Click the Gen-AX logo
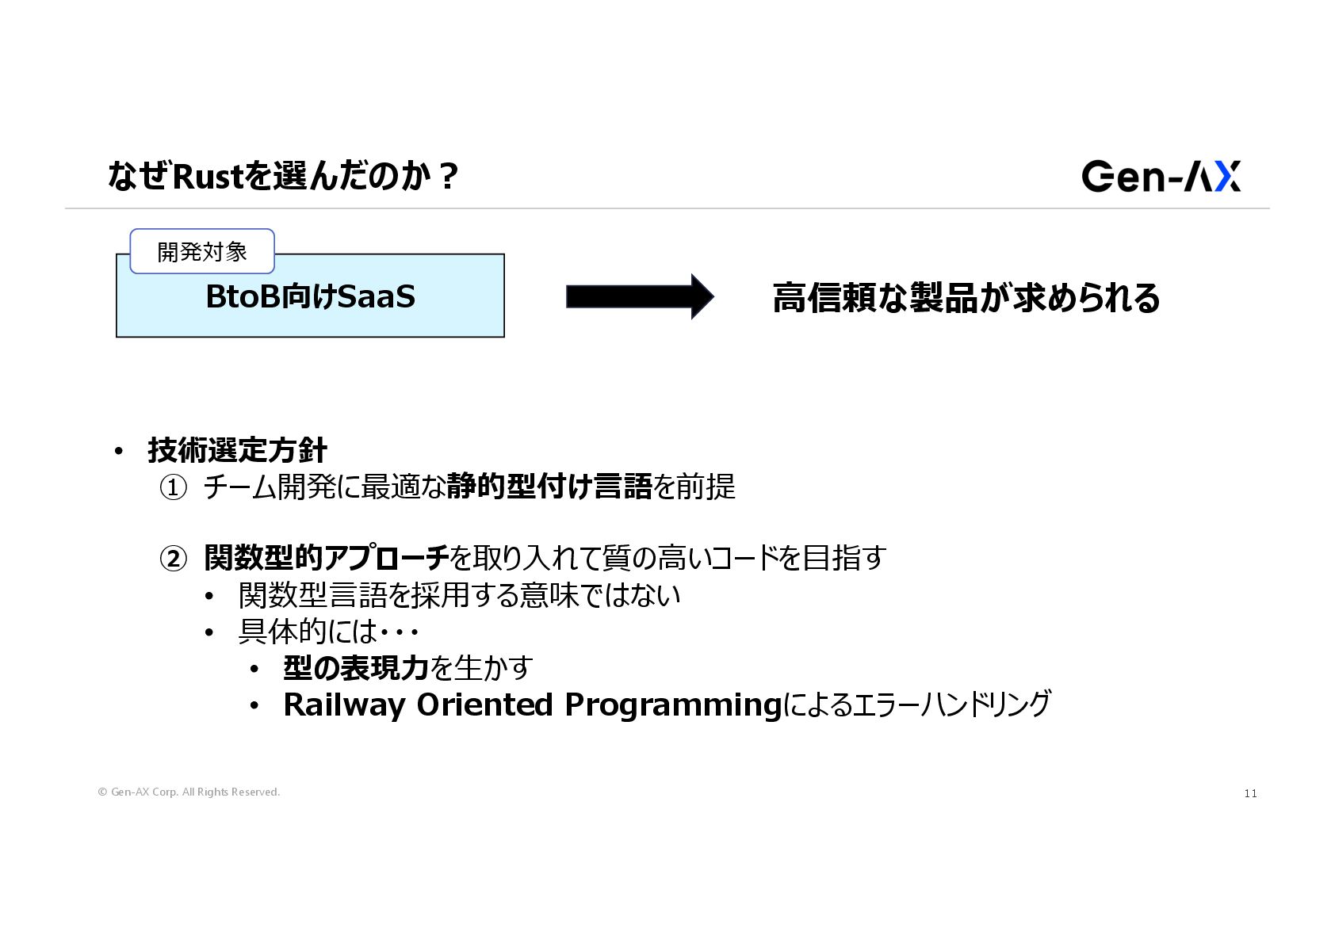click(1161, 176)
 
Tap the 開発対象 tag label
click(202, 252)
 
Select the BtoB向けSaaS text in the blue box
click(310, 297)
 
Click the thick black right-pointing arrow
click(639, 296)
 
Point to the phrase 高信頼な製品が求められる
click(966, 298)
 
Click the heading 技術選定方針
click(237, 450)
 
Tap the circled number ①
click(173, 487)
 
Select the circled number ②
click(173, 559)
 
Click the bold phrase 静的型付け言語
click(549, 487)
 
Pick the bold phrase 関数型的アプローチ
click(326, 558)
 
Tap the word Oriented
click(484, 704)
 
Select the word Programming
click(673, 704)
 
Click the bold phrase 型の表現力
click(355, 668)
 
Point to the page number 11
click(1250, 793)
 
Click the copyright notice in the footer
click(189, 792)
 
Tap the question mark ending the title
click(448, 176)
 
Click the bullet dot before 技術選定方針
click(119, 451)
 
